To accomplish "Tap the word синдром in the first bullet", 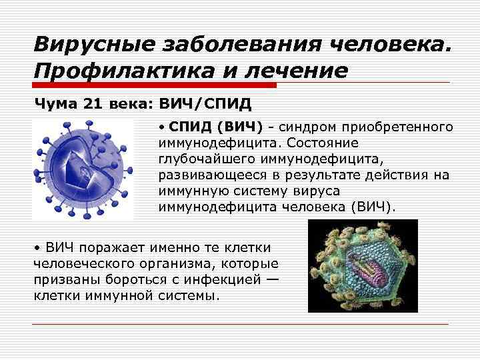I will [x=309, y=127].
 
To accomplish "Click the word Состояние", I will [x=325, y=143].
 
